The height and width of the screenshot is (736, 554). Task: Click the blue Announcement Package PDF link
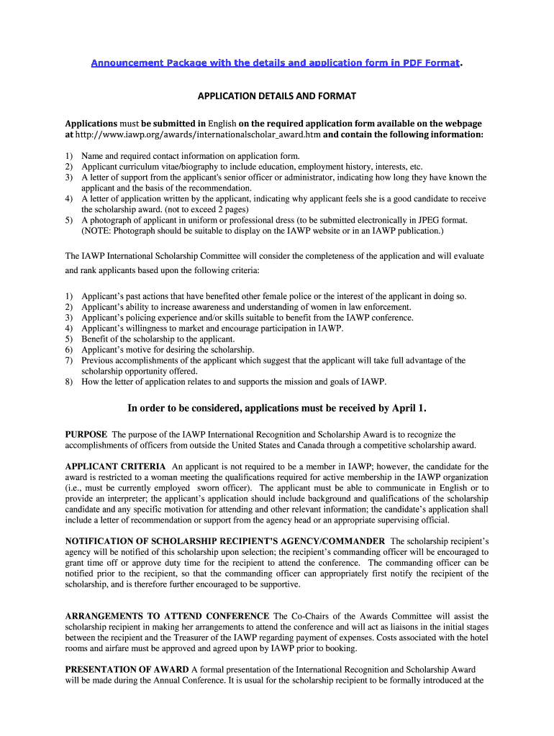(275, 63)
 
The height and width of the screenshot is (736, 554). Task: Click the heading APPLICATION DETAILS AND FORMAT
(277, 96)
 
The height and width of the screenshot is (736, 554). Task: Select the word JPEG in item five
(434, 220)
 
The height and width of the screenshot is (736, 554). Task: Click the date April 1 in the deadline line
(409, 408)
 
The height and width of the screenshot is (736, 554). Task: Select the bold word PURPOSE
(86, 435)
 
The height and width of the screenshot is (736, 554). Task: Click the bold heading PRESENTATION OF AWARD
(127, 669)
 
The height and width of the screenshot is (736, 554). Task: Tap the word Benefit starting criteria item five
(96, 339)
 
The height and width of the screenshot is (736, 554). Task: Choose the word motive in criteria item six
(141, 349)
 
